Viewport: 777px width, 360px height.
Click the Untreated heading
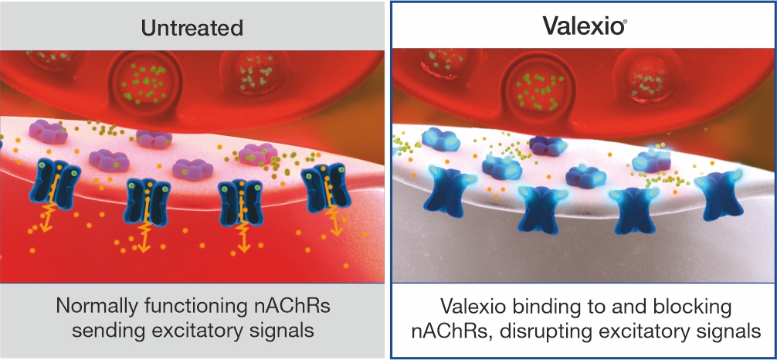(x=192, y=27)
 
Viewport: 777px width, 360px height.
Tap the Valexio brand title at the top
(x=582, y=25)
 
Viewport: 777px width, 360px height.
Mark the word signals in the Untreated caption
(x=285, y=330)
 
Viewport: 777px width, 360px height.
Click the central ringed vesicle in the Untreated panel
(x=145, y=81)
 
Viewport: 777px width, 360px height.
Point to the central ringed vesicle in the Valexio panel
(x=538, y=83)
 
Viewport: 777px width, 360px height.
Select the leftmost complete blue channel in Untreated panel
(x=55, y=184)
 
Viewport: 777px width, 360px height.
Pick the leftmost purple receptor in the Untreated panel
(x=48, y=131)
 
